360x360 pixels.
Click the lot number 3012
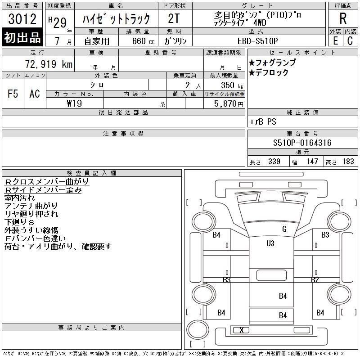[22, 19]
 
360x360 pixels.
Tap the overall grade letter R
[343, 18]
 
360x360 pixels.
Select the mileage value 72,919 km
[49, 64]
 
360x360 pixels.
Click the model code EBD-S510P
[257, 41]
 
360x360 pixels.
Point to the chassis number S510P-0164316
[302, 143]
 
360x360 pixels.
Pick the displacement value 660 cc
[143, 41]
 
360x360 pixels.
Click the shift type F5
[13, 94]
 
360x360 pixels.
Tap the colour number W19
[74, 103]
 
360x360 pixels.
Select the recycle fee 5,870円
[229, 104]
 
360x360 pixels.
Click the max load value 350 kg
[232, 85]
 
